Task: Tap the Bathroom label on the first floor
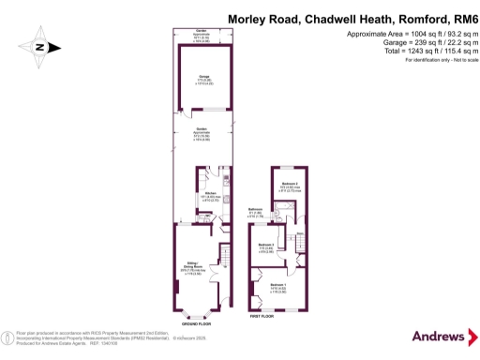pos(255,211)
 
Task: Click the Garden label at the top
pos(198,33)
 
